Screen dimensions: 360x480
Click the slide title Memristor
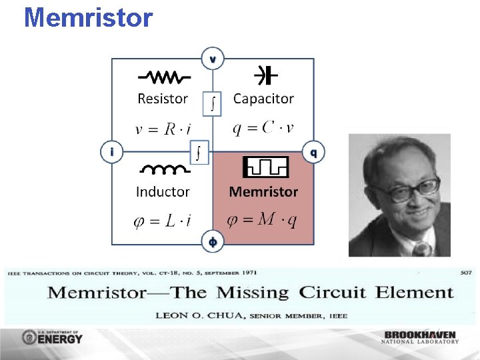[x=88, y=17]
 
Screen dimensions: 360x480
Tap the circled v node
[x=213, y=59]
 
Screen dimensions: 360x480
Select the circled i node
[x=112, y=152]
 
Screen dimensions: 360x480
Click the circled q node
[x=313, y=152]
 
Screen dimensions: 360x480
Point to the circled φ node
[x=213, y=242]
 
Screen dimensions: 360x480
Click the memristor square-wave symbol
[x=265, y=167]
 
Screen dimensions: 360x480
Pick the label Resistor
[x=163, y=99]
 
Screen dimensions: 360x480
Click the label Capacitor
[x=263, y=99]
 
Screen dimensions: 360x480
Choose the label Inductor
[x=163, y=192]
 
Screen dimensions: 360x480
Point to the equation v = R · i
[x=163, y=129]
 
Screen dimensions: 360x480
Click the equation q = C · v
[x=263, y=128]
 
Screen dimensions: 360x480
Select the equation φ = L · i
[x=163, y=221]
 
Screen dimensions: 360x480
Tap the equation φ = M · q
[x=262, y=221]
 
